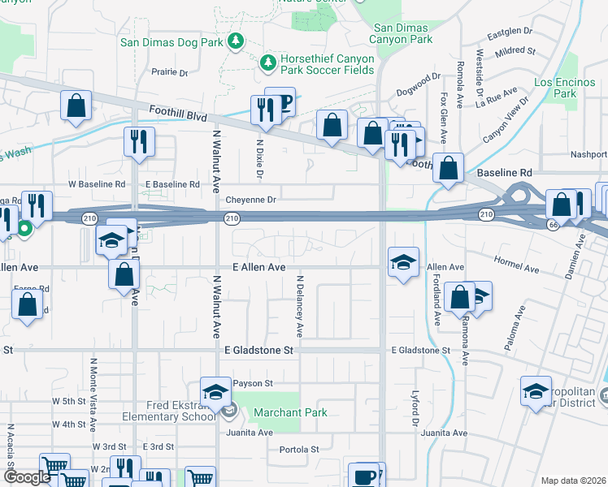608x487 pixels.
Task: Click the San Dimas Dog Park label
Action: point(172,41)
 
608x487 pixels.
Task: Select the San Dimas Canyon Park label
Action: point(402,32)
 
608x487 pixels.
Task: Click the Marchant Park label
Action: point(290,412)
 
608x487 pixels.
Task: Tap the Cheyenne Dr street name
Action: point(251,199)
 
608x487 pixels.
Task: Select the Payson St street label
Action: point(253,382)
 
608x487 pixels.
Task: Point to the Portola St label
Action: point(299,449)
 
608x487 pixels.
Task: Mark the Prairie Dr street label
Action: point(169,72)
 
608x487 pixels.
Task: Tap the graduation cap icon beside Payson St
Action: point(215,391)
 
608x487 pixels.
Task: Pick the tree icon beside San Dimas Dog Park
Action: point(236,41)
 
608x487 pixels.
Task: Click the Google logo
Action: point(26,477)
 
